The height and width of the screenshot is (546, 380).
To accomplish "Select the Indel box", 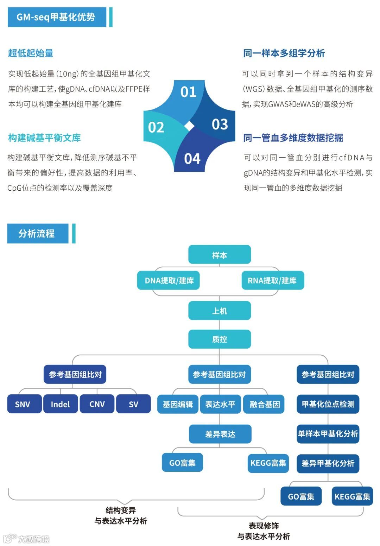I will pos(61,404).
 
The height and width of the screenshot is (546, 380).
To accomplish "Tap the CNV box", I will pos(97,404).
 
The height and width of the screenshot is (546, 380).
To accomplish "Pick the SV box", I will pos(133,404).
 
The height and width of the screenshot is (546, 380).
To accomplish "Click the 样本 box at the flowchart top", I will pos(220,255).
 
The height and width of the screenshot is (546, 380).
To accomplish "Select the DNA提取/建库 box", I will pos(169,280).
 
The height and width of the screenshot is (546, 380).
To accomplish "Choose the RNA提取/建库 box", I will pos(273,280).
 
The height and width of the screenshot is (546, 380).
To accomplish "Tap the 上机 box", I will pos(220,311).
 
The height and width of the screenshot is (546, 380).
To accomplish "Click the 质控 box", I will pos(220,339).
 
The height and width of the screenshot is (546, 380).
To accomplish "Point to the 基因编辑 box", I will pos(178,404).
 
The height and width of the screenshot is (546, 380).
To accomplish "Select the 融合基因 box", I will pos(264,404).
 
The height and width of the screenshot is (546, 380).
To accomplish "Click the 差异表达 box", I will pos(220,434).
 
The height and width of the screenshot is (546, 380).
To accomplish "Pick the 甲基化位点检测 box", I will pos(328,404).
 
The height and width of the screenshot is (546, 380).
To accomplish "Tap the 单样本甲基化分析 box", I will pos(328,434).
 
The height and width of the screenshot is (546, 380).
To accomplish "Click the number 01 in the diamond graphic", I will pos(189,92).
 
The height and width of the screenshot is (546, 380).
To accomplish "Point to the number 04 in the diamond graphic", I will pos(192,159).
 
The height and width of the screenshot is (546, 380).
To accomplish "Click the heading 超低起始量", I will pos(31,53).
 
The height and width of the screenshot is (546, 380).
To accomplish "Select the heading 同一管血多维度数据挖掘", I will pos(293,138).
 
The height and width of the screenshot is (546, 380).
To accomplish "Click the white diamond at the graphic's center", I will pos(189,126).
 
